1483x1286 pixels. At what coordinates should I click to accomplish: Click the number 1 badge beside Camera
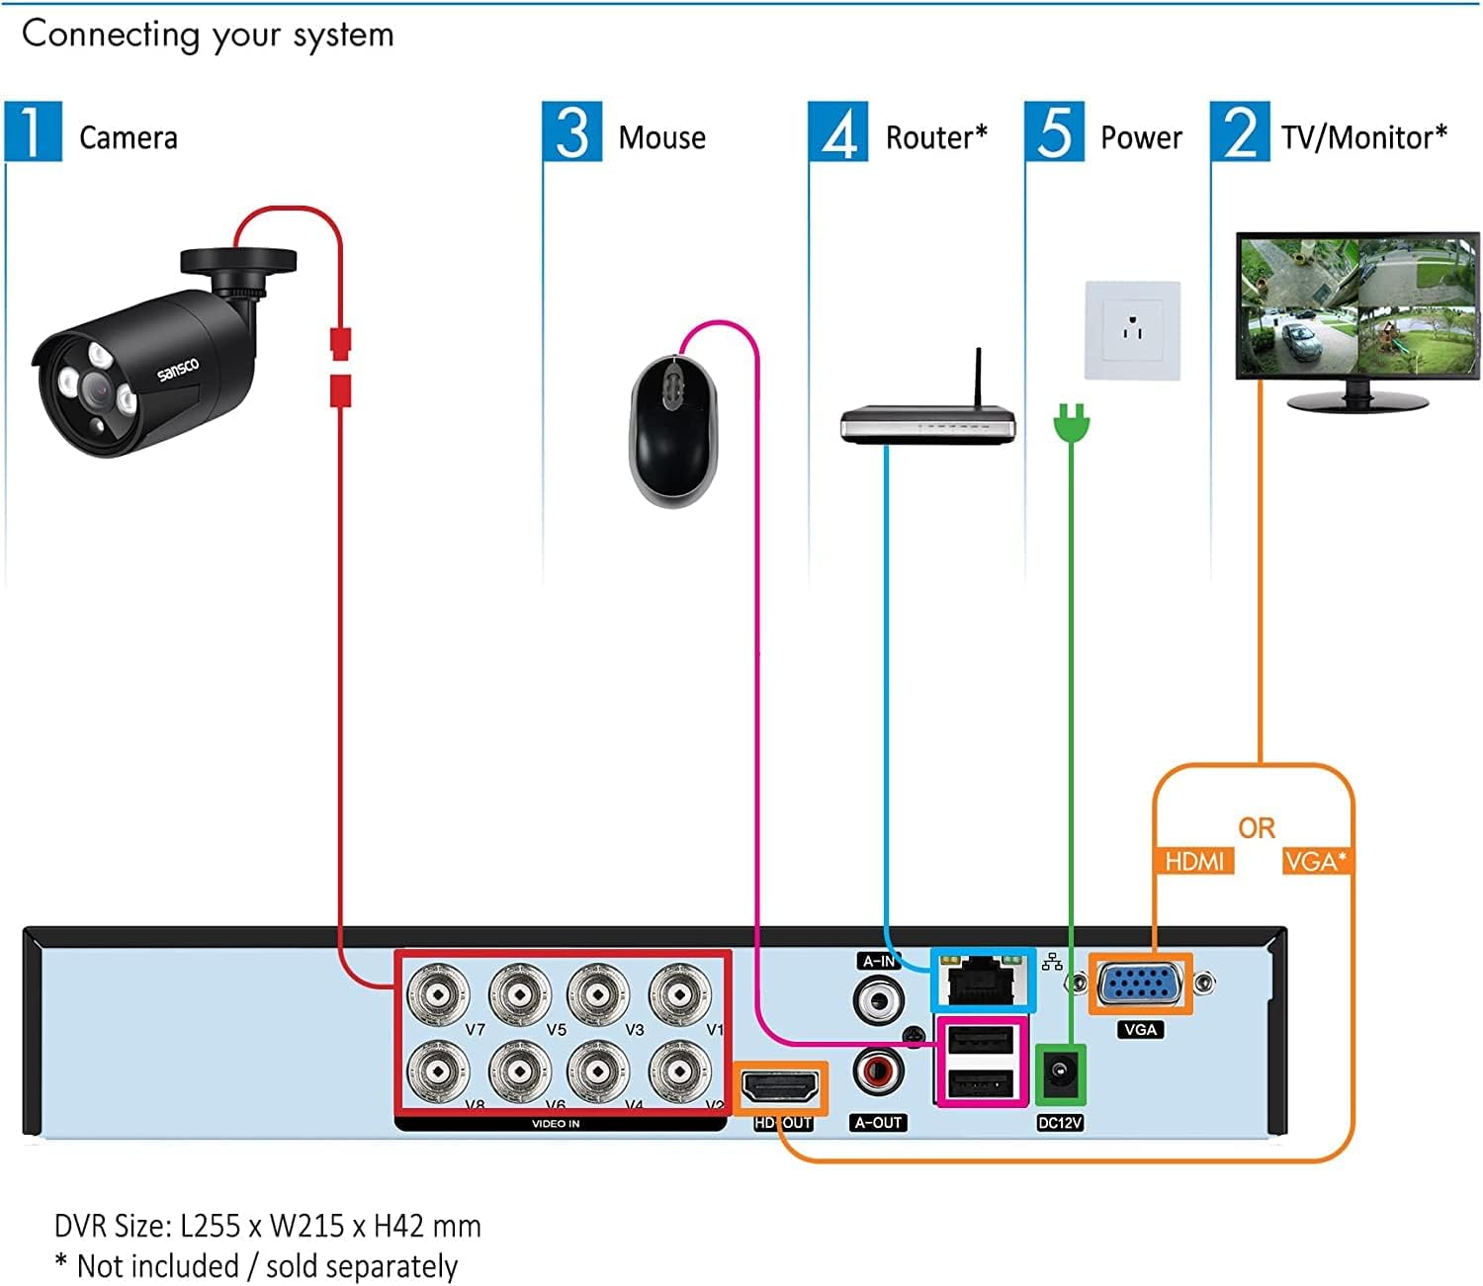coord(33,131)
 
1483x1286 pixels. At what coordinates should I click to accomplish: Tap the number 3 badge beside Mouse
coord(571,131)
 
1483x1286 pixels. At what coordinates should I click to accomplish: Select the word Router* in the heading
coord(935,137)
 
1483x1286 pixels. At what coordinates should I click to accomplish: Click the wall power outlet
coord(1133,330)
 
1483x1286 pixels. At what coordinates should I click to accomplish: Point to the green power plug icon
coord(1071,424)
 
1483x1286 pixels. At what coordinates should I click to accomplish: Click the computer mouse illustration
coord(673,432)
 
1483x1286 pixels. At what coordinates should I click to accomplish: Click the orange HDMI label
coord(1193,861)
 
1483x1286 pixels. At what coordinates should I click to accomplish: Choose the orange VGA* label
coord(1315,861)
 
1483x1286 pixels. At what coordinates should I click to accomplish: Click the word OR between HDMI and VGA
coord(1256,828)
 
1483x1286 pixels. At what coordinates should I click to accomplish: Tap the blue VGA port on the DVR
coord(1140,985)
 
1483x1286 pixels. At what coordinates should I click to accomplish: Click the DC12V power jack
coord(1060,1073)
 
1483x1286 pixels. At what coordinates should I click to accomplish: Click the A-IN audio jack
coord(878,999)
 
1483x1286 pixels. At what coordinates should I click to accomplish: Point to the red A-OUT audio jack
coord(878,1072)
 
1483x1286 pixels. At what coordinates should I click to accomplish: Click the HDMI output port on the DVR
coord(780,1088)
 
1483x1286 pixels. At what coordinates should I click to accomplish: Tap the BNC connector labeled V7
coord(438,992)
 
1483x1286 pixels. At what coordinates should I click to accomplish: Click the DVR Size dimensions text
coord(267,1226)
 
